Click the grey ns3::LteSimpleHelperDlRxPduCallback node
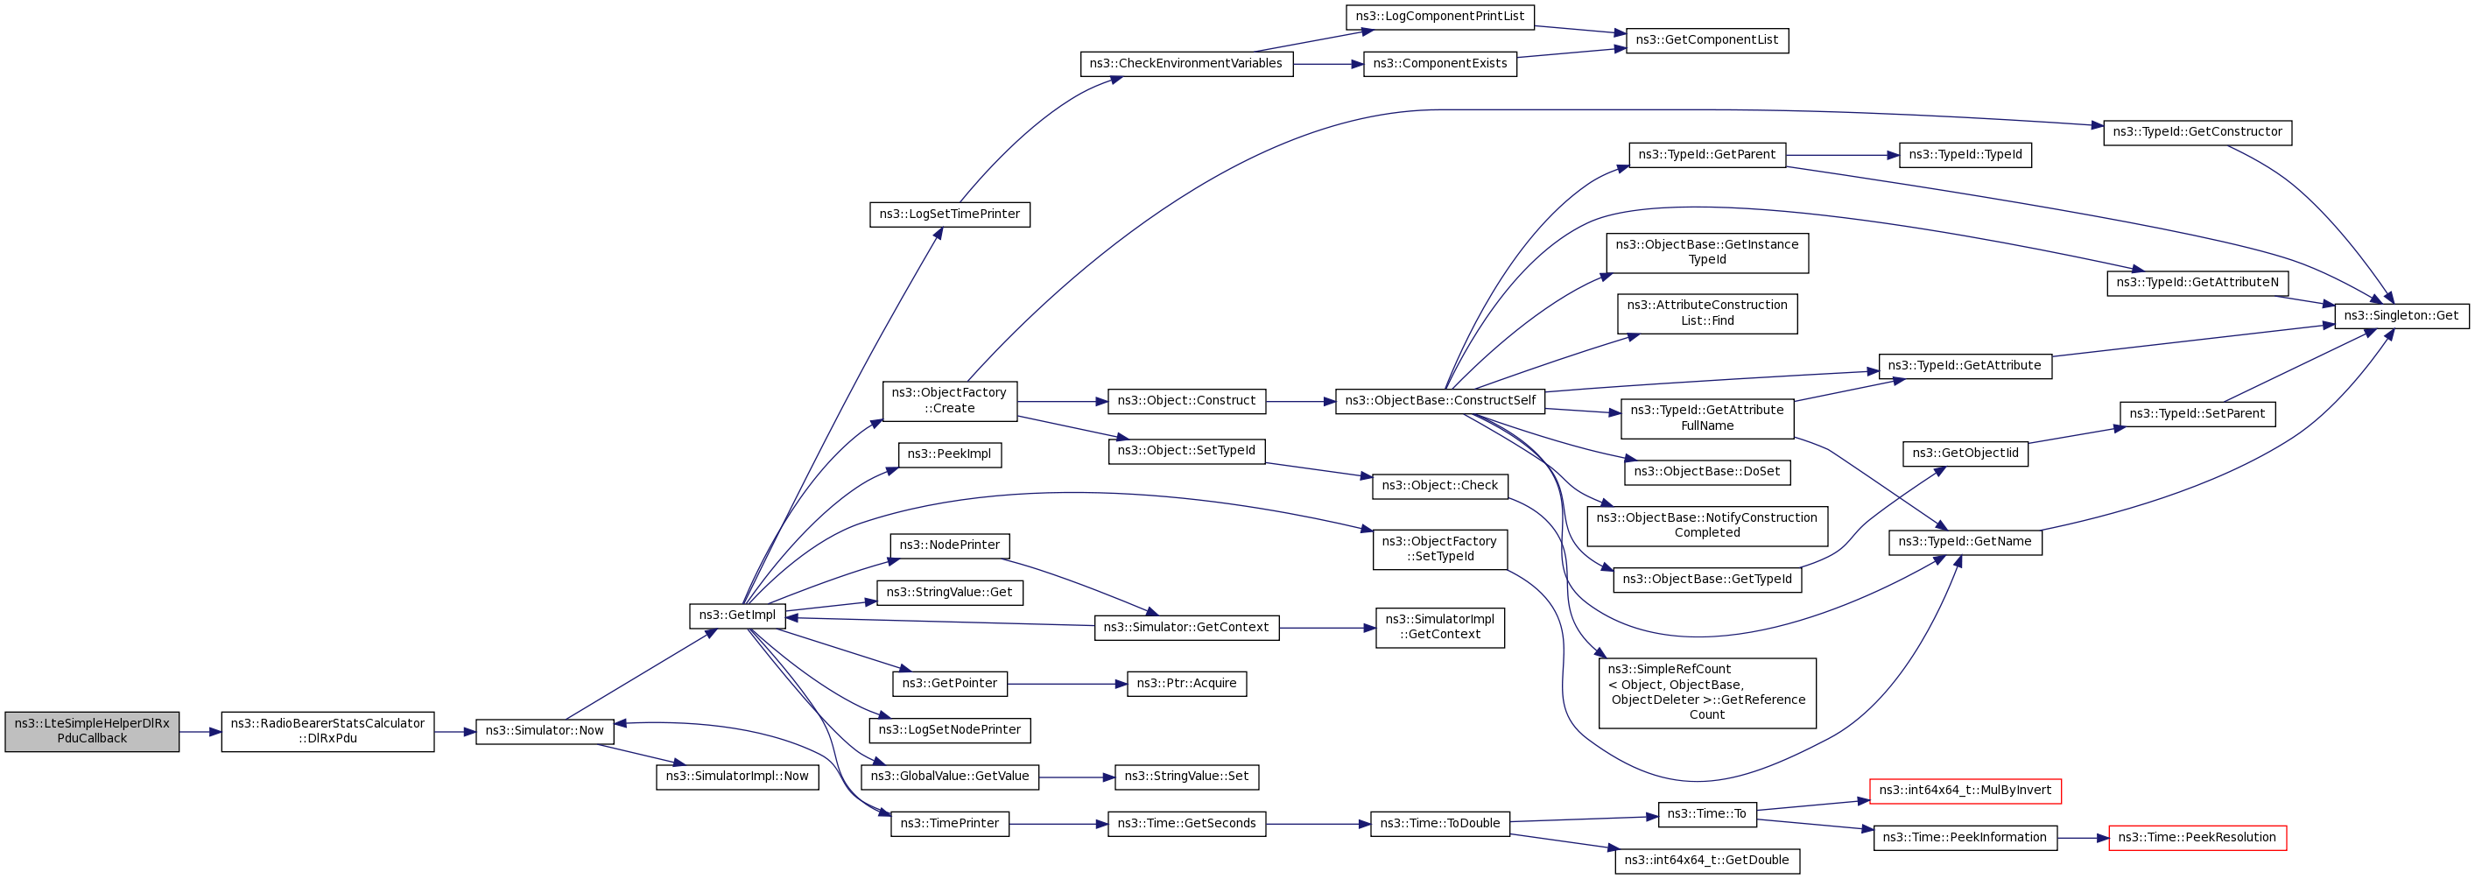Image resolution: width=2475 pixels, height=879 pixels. [91, 731]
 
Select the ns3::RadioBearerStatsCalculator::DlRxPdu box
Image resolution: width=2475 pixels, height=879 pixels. [327, 731]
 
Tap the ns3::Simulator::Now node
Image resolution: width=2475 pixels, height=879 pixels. [544, 731]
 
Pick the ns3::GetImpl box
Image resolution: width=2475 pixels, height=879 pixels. [737, 615]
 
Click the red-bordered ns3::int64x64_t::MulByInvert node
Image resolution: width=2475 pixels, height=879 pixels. [1964, 791]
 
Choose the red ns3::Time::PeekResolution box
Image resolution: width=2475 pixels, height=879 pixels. [2197, 838]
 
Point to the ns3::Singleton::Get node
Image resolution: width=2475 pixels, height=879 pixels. [2400, 316]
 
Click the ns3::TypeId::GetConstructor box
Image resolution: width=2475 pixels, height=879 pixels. [2197, 132]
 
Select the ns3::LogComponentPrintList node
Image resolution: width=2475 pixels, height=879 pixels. [1439, 18]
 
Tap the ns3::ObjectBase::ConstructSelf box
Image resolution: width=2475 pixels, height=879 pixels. [1439, 402]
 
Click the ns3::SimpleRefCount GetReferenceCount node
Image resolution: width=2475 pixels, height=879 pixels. [1706, 693]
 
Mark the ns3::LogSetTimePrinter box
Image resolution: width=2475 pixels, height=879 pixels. [949, 214]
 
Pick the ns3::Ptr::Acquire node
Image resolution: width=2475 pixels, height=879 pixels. [1185, 684]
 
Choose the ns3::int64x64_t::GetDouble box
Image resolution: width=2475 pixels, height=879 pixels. [1706, 861]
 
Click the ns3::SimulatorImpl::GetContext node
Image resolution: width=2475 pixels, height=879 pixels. [1439, 628]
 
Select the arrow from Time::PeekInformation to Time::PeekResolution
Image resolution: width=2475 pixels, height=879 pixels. [2082, 839]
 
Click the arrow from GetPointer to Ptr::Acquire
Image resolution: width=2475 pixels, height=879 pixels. [1066, 684]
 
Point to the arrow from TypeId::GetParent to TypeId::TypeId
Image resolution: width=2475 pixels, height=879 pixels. [1842, 156]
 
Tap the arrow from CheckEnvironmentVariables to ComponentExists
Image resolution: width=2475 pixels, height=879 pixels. [1328, 65]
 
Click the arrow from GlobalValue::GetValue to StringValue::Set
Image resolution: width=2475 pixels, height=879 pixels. [1076, 777]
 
